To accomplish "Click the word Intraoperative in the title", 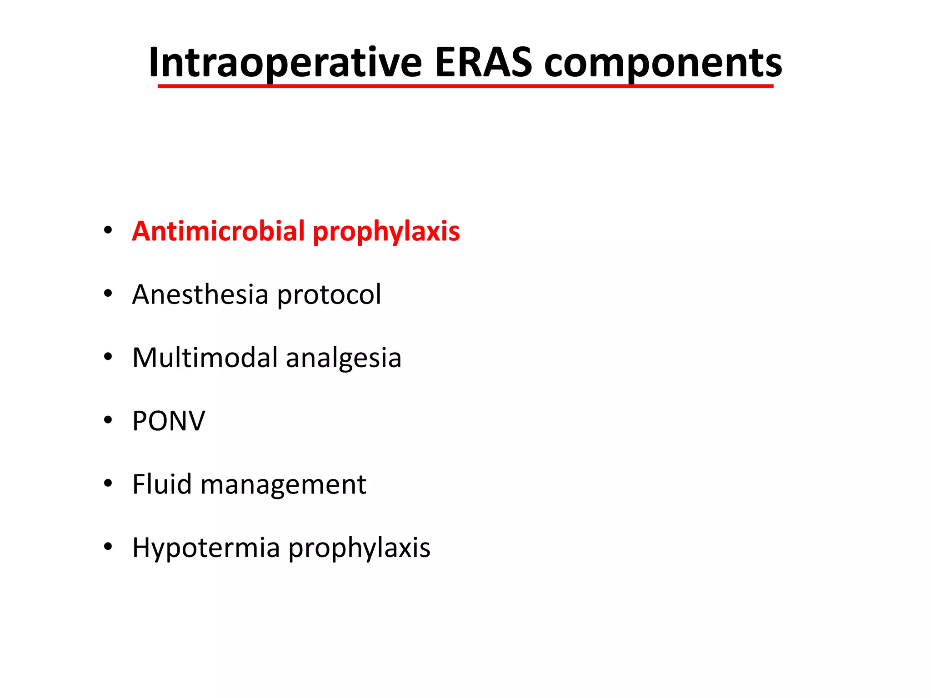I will click(285, 63).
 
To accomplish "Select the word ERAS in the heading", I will click(483, 63).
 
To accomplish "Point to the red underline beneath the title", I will click(465, 86).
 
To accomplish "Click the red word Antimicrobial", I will click(218, 231).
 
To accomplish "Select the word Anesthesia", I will click(200, 294).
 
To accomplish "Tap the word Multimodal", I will click(205, 357).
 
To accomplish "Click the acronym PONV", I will click(169, 421).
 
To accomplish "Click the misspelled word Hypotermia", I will click(206, 548).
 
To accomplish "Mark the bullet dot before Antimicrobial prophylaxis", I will click(108, 230).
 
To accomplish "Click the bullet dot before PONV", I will click(108, 420).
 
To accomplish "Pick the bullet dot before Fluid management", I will click(108, 483).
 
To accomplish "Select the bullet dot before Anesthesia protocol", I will click(108, 293).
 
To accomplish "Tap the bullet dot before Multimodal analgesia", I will click(108, 357).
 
